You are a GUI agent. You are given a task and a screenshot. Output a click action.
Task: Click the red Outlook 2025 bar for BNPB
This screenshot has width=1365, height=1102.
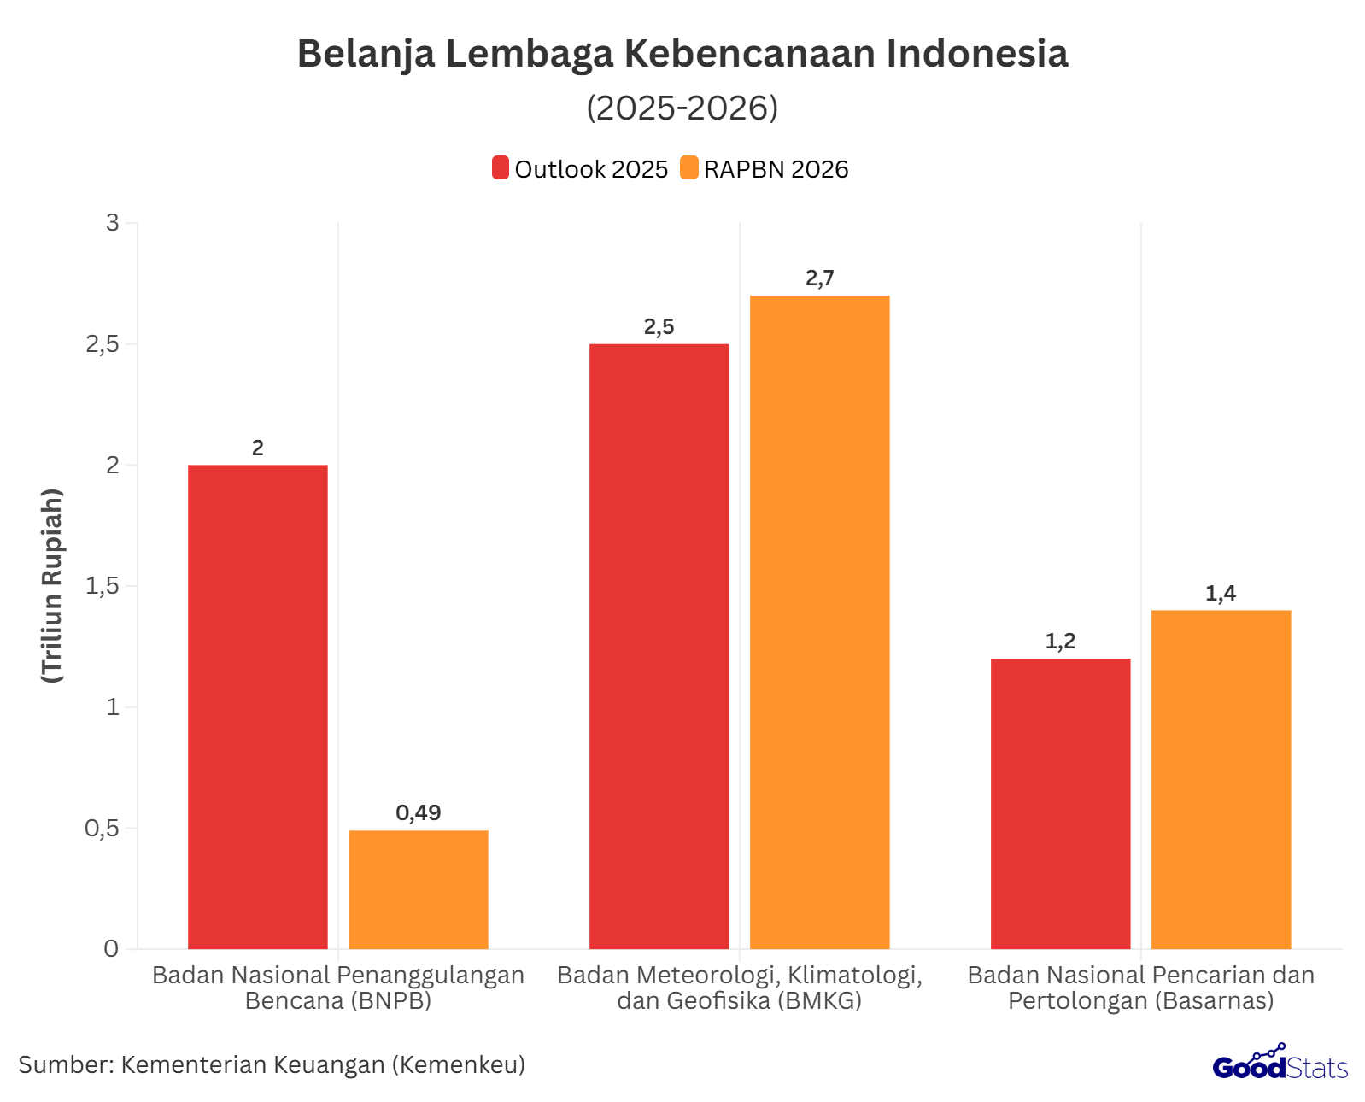pyautogui.click(x=257, y=706)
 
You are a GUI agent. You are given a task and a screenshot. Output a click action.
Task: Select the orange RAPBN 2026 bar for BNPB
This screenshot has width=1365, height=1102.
pyautogui.click(x=418, y=889)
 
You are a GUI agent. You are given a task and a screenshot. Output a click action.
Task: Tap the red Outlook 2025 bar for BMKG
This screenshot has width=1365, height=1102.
pyautogui.click(x=659, y=646)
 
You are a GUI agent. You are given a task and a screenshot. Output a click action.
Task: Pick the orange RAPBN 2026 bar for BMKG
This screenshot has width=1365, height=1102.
pyautogui.click(x=819, y=622)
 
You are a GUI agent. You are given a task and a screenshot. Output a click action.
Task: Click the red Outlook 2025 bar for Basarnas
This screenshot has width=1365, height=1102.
pyautogui.click(x=1060, y=803)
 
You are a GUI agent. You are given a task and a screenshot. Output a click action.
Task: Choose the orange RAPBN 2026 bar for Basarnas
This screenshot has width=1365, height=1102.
pyautogui.click(x=1221, y=779)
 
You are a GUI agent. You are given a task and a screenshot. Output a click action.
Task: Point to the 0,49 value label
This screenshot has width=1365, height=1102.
pyautogui.click(x=418, y=812)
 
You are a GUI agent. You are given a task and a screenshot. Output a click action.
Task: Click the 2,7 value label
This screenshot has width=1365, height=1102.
pyautogui.click(x=819, y=278)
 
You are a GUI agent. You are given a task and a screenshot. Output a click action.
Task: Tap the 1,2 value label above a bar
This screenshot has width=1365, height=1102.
pyautogui.click(x=1060, y=641)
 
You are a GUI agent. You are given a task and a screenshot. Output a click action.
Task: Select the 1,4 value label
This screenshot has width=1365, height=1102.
pyautogui.click(x=1221, y=593)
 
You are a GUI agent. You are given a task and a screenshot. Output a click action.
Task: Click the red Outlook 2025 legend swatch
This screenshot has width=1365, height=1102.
pyautogui.click(x=500, y=168)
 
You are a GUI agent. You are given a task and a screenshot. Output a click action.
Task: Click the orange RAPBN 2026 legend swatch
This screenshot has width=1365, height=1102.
pyautogui.click(x=688, y=168)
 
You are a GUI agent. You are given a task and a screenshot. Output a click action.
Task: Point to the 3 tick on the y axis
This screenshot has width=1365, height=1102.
pyautogui.click(x=112, y=223)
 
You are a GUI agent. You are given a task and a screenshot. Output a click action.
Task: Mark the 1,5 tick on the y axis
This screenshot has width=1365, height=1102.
pyautogui.click(x=102, y=586)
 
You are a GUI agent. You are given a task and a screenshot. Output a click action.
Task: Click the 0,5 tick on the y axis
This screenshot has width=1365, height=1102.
pyautogui.click(x=102, y=828)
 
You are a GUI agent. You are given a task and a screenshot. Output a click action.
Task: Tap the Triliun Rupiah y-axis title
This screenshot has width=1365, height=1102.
pyautogui.click(x=53, y=585)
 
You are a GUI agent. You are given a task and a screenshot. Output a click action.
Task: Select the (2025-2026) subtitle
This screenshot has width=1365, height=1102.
pyautogui.click(x=682, y=108)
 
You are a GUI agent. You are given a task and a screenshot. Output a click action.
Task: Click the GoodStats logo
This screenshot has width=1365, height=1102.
pyautogui.click(x=1280, y=1064)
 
